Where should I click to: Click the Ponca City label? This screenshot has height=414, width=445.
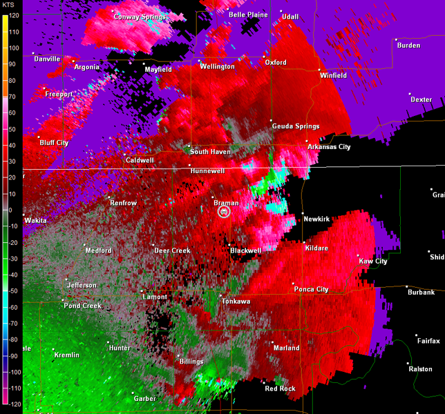click(313, 290)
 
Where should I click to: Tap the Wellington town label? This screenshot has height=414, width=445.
click(218, 67)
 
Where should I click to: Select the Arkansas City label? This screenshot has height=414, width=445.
click(329, 147)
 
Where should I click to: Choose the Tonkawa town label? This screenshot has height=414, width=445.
click(236, 302)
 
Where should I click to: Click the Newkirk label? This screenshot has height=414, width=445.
click(316, 219)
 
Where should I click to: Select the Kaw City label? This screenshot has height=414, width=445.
click(373, 262)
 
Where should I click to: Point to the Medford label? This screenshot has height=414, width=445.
click(98, 250)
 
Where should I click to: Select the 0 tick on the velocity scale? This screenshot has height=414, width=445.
click(10, 210)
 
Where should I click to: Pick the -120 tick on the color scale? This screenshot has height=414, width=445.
click(13, 404)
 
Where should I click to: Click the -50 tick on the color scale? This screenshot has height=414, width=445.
click(12, 290)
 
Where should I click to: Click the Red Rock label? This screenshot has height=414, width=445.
click(281, 389)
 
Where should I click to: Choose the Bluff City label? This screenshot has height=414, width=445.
click(54, 143)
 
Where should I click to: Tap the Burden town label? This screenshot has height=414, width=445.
click(408, 46)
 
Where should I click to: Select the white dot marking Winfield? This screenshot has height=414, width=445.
click(319, 70)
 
